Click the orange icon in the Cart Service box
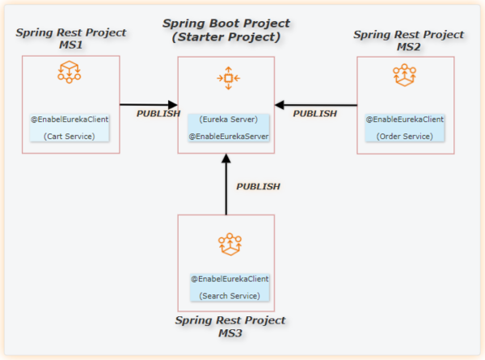tap(70, 72)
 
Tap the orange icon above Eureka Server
tap(228, 78)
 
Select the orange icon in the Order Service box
tap(405, 75)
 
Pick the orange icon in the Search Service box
tap(230, 244)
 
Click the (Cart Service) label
tap(70, 136)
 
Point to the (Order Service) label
tap(405, 136)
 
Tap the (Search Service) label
tap(230, 295)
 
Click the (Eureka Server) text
tap(228, 119)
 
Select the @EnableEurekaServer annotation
tap(229, 136)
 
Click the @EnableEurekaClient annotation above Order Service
tap(405, 119)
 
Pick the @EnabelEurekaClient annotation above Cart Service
tap(70, 119)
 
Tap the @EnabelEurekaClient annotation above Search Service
tap(230, 278)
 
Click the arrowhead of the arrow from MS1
tap(173, 104)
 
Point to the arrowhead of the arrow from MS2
tap(280, 105)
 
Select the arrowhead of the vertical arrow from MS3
tap(226, 159)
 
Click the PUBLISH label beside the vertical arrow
tap(259, 186)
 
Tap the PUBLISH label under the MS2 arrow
tap(315, 113)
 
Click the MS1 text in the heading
tap(71, 44)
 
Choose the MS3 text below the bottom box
tap(230, 333)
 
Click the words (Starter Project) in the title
tap(226, 37)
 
